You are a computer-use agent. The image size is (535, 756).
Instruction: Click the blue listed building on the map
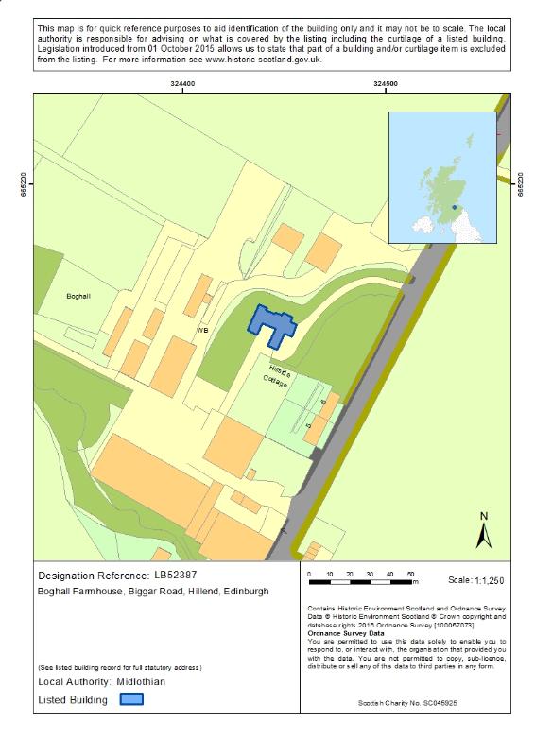(272, 325)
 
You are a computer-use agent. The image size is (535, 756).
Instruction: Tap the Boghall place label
(78, 296)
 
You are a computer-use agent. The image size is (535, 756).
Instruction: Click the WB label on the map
(201, 330)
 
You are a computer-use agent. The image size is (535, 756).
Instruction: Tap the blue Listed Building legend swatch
(130, 699)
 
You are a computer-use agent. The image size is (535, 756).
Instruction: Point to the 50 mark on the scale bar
(411, 575)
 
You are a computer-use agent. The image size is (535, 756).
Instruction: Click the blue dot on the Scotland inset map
(455, 205)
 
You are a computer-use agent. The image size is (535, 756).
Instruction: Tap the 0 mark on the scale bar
(310, 575)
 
